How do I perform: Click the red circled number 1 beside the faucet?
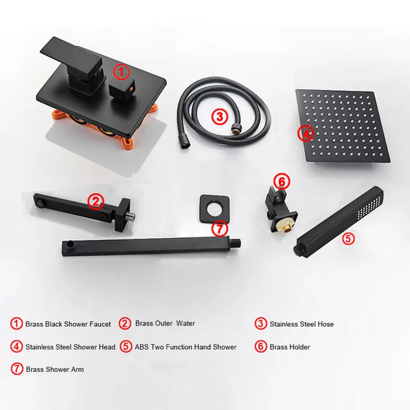point(121,71)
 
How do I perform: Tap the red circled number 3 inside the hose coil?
point(220,117)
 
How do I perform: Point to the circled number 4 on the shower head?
point(306,134)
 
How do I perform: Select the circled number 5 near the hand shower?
point(348,238)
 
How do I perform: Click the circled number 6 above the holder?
point(282,181)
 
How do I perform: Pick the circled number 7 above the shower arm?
point(220,228)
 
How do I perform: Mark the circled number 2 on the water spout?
point(95,201)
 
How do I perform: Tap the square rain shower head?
point(343,127)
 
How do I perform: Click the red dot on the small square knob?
point(131,88)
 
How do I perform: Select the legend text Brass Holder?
point(290,347)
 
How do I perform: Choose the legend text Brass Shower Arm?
point(55,370)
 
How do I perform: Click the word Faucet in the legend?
point(100,324)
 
